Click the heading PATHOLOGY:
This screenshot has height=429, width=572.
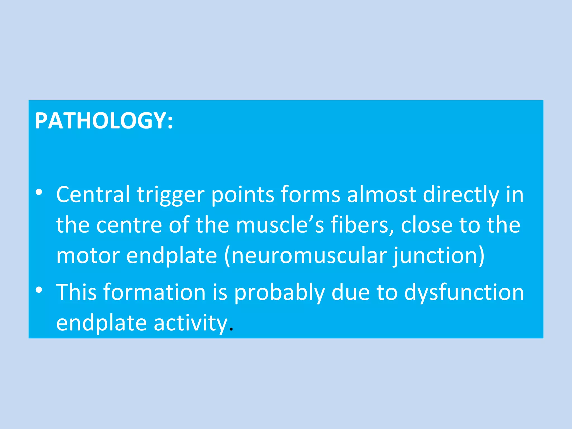point(104,121)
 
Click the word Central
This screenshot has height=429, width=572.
point(93,194)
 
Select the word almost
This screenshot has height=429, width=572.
point(382,194)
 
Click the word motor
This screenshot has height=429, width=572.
point(88,256)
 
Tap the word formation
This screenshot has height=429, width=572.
point(155,292)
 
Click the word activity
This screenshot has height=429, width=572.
point(190,323)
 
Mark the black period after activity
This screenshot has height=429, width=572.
point(231,330)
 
